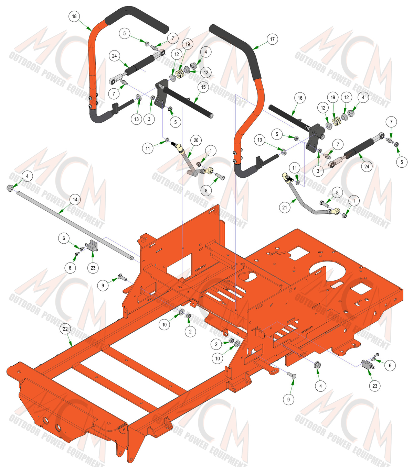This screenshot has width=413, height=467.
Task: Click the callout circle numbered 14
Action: [75, 200]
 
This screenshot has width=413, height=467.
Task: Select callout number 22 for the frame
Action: [65, 329]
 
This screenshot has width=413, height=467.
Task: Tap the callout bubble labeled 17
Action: [273, 39]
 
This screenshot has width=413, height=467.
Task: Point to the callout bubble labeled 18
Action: [74, 16]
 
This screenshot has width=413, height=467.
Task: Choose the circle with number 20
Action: [196, 140]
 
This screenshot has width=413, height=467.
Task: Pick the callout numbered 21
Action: [285, 208]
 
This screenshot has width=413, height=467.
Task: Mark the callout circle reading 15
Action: [203, 87]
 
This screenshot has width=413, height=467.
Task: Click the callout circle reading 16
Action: [300, 98]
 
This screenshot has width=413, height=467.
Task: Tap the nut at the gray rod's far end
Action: [10, 188]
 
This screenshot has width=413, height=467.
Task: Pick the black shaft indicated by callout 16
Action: [290, 117]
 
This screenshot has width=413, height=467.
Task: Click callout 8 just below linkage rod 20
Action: [206, 190]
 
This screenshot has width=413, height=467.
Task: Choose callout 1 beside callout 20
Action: [211, 151]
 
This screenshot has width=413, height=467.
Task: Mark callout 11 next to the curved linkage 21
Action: [295, 168]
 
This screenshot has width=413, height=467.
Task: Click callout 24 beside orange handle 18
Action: [115, 56]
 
